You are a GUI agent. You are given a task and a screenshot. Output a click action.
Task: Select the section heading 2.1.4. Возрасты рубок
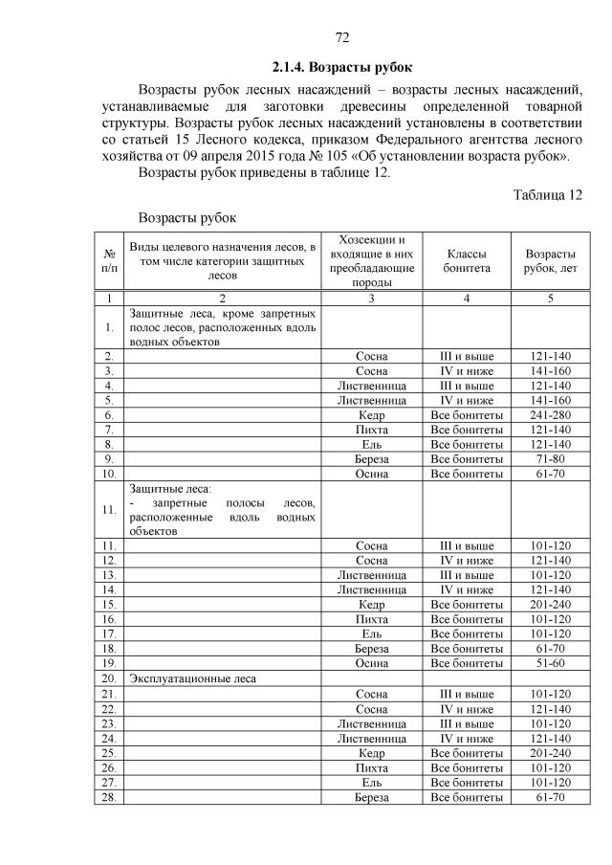click(341, 67)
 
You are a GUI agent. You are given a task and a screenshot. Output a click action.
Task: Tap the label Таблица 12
click(547, 195)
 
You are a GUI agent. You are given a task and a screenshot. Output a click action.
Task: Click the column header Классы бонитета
click(466, 261)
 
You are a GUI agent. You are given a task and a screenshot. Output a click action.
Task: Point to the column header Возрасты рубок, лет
click(550, 261)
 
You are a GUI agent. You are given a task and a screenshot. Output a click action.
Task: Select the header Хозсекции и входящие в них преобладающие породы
click(371, 261)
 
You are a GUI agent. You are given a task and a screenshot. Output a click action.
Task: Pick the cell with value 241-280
click(550, 416)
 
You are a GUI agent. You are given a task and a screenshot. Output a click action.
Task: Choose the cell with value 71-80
click(550, 459)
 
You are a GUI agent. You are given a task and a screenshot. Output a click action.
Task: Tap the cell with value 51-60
click(550, 663)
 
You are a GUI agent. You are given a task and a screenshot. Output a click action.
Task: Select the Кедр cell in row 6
click(371, 416)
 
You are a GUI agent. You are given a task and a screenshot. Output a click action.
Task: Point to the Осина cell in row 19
click(371, 663)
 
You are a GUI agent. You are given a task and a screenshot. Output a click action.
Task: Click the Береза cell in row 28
click(371, 797)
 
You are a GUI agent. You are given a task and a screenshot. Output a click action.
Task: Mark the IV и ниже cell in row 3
click(466, 370)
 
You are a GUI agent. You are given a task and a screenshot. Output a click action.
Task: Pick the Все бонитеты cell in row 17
click(466, 633)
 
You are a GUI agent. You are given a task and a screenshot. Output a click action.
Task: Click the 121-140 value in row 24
click(550, 738)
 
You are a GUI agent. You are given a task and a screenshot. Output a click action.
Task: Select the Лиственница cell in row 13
click(371, 575)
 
